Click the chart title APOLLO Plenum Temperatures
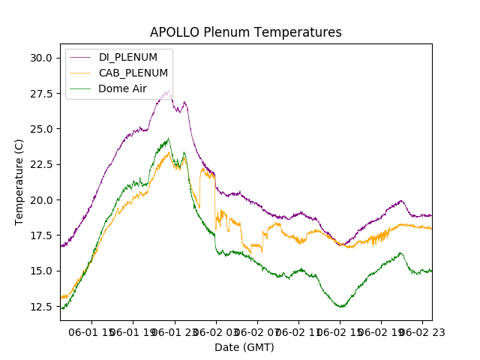245,32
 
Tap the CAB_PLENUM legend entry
133,73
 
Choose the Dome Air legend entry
123,88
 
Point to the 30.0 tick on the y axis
40,58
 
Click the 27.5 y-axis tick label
40,94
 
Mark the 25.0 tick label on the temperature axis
40,129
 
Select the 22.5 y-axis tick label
40,164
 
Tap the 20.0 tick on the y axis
40,200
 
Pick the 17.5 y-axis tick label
40,235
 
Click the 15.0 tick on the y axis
40,271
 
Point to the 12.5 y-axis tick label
40,307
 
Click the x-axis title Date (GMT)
244,347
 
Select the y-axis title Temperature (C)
19,181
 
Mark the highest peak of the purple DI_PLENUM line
168,91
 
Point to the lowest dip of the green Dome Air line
341,307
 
